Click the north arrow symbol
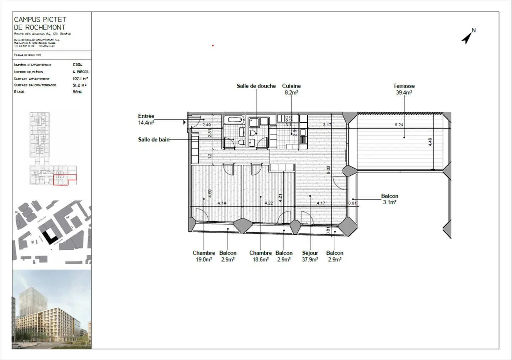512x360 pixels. point(468,37)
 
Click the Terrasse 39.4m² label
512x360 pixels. point(404,89)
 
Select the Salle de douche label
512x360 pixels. point(256,86)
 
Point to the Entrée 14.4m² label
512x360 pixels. point(146,119)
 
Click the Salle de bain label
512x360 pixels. point(154,139)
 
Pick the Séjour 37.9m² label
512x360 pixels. point(310,256)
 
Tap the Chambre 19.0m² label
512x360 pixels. point(204,256)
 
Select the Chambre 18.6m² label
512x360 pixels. point(260,256)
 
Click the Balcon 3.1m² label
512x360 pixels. point(390,199)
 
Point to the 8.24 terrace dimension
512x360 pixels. point(399,125)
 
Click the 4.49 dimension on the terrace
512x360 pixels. point(430,142)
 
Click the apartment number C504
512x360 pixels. point(78,65)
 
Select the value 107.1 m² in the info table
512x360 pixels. point(80,79)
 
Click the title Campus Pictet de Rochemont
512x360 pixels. point(40,23)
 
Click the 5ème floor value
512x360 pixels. point(77,92)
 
